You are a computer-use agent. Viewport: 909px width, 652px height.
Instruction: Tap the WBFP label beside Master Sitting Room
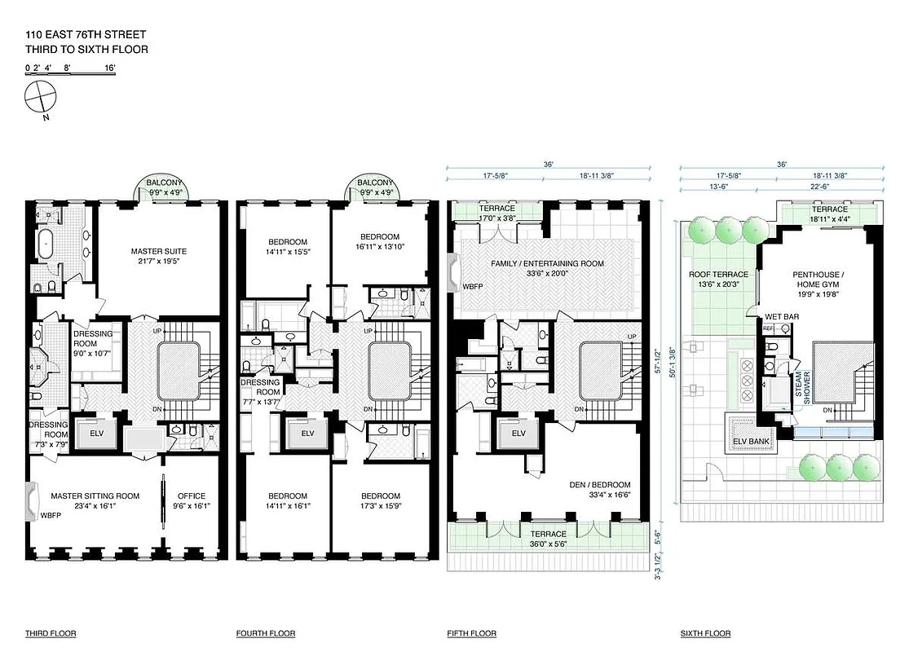point(51,515)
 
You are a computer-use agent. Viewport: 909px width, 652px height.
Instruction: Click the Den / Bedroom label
point(598,488)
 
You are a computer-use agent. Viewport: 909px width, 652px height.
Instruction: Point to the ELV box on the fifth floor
point(518,434)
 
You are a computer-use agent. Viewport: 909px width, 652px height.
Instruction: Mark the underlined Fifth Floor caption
point(471,633)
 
